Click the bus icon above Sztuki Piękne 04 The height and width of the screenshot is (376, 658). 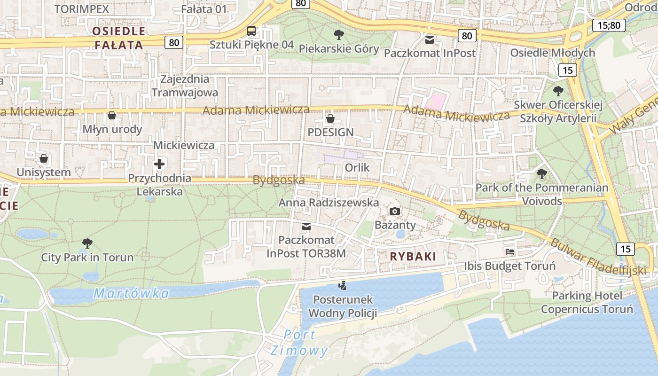tap(251, 31)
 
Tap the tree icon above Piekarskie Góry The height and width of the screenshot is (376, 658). tap(338, 35)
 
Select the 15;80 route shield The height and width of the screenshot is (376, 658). tap(609, 25)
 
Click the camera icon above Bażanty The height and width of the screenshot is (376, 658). tap(395, 211)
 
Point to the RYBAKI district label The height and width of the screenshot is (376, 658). tap(413, 257)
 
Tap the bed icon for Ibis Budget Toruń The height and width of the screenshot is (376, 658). tap(510, 252)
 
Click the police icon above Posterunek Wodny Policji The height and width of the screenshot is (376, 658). tap(343, 285)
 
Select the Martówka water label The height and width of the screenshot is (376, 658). tap(131, 293)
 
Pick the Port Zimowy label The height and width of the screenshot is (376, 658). tap(299, 343)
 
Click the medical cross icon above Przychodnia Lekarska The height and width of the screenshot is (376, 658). tap(159, 164)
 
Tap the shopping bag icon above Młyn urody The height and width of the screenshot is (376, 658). tap(112, 115)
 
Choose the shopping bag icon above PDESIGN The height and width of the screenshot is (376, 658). tap(330, 118)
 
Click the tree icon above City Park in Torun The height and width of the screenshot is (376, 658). tap(87, 243)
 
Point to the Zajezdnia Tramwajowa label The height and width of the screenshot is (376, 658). tap(185, 86)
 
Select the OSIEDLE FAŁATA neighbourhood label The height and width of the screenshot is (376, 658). tap(118, 38)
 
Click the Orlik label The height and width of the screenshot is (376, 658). tap(357, 168)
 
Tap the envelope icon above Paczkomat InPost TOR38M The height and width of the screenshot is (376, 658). tap(306, 227)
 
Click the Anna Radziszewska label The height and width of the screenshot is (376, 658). tap(329, 203)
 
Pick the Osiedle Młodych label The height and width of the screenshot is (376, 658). tap(553, 53)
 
